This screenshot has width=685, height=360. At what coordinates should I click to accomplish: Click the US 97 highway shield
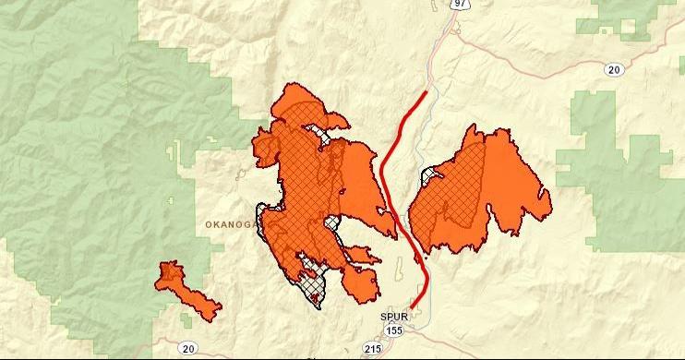[459, 4]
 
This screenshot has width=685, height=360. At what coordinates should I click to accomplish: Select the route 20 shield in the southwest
[188, 348]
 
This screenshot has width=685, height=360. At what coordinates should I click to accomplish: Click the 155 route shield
[394, 329]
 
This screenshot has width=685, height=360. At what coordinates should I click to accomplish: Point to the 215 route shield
[373, 349]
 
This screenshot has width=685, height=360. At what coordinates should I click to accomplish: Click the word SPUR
[394, 316]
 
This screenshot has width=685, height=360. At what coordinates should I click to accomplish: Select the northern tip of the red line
[426, 91]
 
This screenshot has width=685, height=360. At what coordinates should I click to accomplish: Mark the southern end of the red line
[412, 307]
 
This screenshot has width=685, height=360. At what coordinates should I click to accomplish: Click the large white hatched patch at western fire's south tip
[311, 286]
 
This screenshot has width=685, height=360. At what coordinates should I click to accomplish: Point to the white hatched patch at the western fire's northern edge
[324, 138]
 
